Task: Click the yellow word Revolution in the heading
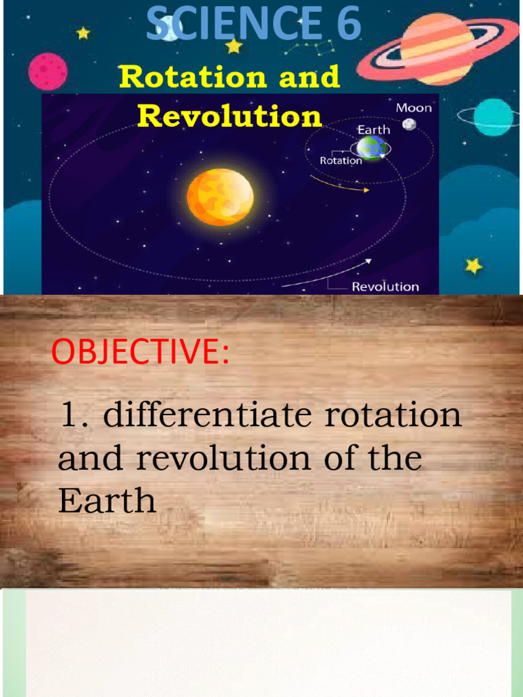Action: tap(229, 116)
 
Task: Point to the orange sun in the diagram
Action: tap(220, 197)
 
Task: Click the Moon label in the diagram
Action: tap(414, 108)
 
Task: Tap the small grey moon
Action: tap(409, 125)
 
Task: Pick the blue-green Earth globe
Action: tap(372, 148)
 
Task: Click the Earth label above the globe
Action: tap(374, 129)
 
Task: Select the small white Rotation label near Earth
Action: tap(340, 161)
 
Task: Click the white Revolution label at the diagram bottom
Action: tap(385, 287)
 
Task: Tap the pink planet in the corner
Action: tap(48, 71)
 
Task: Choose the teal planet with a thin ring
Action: tap(492, 116)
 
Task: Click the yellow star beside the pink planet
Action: tap(83, 33)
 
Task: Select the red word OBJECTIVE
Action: tap(140, 353)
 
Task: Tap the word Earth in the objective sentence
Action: tap(107, 502)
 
